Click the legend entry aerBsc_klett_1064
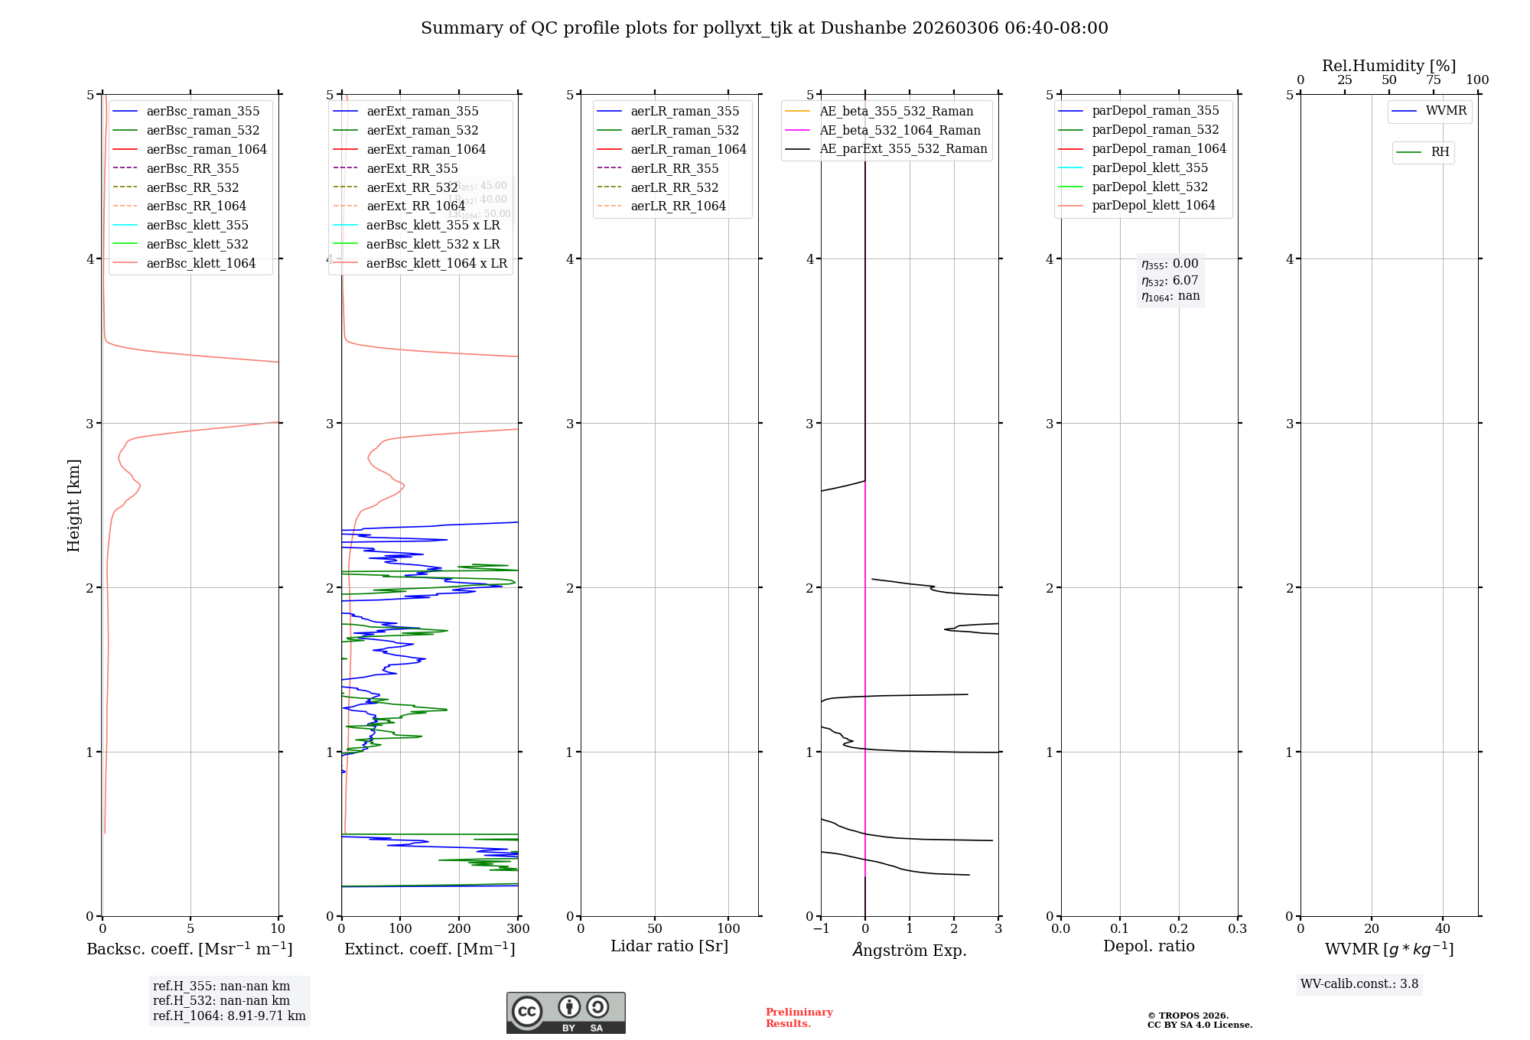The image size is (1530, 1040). [x=200, y=263]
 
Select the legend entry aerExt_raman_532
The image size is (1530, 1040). [x=422, y=130]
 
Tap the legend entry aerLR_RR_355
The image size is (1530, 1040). [x=674, y=168]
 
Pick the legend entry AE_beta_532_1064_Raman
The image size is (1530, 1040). [x=900, y=130]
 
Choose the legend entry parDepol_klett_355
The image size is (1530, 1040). [x=1150, y=167]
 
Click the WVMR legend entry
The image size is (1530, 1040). [x=1445, y=111]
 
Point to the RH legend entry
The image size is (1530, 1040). [x=1439, y=152]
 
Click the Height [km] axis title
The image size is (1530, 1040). [x=73, y=505]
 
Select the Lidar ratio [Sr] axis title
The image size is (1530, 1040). [x=669, y=946]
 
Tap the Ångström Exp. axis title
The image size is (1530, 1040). [x=910, y=950]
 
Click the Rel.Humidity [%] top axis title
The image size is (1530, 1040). [x=1388, y=66]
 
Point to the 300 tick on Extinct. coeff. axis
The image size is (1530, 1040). [x=518, y=928]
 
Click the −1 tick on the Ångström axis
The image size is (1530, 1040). [x=821, y=928]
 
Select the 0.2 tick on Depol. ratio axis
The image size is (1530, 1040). [x=1179, y=928]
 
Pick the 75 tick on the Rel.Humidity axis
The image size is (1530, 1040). [x=1433, y=80]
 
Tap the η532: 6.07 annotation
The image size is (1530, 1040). [x=1170, y=281]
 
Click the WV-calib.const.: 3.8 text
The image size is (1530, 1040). [x=1359, y=983]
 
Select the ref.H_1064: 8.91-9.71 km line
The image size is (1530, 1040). [x=229, y=1016]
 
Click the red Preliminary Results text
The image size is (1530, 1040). [x=799, y=1017]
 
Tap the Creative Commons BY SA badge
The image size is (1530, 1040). [x=565, y=1012]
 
